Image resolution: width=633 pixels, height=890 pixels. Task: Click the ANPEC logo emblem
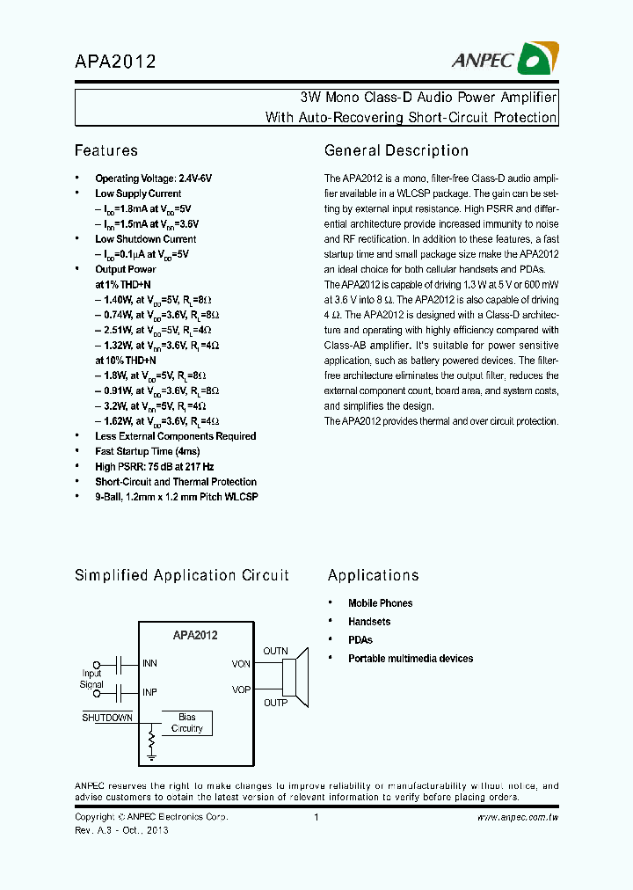point(535,58)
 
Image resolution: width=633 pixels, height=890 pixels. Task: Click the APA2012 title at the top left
point(115,62)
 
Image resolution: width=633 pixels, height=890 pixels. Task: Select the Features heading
point(105,150)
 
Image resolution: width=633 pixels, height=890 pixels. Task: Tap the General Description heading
point(396,150)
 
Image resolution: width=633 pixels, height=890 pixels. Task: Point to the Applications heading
point(373,575)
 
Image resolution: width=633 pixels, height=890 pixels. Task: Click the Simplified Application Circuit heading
point(181,575)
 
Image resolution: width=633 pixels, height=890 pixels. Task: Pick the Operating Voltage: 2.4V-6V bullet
point(153,178)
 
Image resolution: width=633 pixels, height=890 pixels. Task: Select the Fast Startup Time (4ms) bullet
point(146,451)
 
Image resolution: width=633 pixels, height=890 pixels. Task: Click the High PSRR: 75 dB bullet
point(154,466)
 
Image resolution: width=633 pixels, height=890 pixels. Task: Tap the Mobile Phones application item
point(380,603)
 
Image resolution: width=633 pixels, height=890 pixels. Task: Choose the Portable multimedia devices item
point(410,658)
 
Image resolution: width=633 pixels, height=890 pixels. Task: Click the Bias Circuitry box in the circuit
point(186,723)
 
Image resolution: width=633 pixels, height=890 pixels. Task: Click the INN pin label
point(149,663)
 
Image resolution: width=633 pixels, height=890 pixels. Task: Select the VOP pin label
point(241,689)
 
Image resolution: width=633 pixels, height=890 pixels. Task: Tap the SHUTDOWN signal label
point(107,718)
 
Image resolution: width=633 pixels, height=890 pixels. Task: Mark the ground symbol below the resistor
point(151,754)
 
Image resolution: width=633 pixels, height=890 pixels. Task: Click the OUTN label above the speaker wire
point(275,651)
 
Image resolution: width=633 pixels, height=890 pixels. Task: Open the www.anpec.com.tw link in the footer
point(518,818)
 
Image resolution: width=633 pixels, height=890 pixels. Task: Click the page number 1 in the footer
point(316,818)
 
